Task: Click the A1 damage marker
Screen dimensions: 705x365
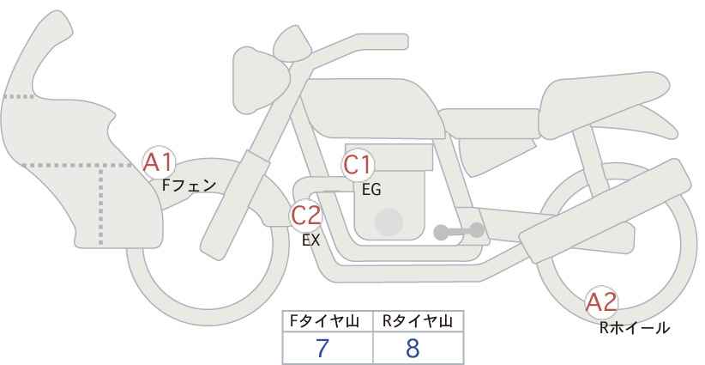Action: pyautogui.click(x=158, y=163)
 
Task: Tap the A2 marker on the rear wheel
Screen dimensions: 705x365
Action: pyautogui.click(x=601, y=302)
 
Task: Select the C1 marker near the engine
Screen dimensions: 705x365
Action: pyautogui.click(x=358, y=165)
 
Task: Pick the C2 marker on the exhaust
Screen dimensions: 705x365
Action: pyautogui.click(x=306, y=215)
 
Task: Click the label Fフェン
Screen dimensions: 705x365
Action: pyautogui.click(x=189, y=186)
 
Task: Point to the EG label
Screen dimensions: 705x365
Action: pyautogui.click(x=371, y=190)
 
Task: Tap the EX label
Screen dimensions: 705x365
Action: pyautogui.click(x=310, y=240)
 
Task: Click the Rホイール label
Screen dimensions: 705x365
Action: pyautogui.click(x=635, y=328)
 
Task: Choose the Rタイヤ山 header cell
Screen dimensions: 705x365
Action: pyautogui.click(x=419, y=321)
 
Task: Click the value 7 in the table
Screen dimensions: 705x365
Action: pyautogui.click(x=322, y=348)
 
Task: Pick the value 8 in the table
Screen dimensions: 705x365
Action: pyautogui.click(x=413, y=348)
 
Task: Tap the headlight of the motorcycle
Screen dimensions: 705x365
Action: pyautogui.click(x=260, y=80)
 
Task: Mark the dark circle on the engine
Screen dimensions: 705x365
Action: pyautogui.click(x=389, y=222)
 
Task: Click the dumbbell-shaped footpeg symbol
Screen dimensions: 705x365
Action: pyautogui.click(x=459, y=231)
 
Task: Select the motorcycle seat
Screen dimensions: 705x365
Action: pyautogui.click(x=602, y=105)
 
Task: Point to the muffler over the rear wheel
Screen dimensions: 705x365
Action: pyautogui.click(x=606, y=210)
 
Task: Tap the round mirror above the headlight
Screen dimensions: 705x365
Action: pyautogui.click(x=292, y=44)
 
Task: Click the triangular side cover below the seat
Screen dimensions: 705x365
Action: pyautogui.click(x=497, y=156)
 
